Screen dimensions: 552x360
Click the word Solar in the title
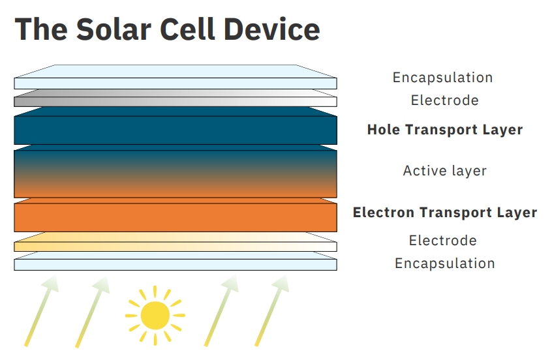tap(114, 29)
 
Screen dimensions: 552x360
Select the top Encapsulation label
tap(442, 78)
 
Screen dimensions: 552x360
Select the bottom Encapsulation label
tap(444, 263)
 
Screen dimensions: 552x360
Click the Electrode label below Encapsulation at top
tap(444, 100)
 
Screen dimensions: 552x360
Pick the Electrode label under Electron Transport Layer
tap(443, 241)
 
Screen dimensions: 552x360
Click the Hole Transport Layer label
tap(445, 130)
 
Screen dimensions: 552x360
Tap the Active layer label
tap(444, 171)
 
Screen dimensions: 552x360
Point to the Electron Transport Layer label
tap(445, 213)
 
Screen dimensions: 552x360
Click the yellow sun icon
tap(155, 315)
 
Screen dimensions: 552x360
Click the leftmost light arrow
tap(41, 310)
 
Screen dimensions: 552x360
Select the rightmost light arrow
tap(272, 310)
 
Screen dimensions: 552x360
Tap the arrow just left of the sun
tap(92, 312)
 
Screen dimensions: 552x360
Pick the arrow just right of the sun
tap(221, 310)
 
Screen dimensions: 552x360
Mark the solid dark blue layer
tap(176, 126)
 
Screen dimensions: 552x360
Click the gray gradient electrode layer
tap(176, 98)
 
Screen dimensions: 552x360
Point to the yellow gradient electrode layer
tap(176, 242)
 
